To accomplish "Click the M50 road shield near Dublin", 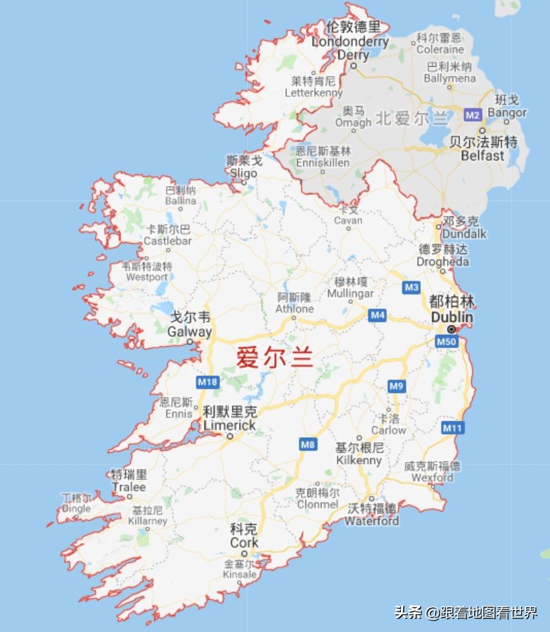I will (446, 341).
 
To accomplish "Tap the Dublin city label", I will (452, 317).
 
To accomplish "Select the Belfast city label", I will (483, 156).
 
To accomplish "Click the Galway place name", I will (190, 331).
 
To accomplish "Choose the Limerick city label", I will (229, 425).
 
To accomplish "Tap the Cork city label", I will (244, 542).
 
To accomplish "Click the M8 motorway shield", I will (308, 445).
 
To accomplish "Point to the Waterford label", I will (371, 521).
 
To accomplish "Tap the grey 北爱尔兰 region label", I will (412, 118).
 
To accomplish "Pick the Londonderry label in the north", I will (350, 42).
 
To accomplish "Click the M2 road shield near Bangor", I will (472, 115).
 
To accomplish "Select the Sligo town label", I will (244, 173).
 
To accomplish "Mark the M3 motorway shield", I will (411, 288).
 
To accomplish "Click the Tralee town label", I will (129, 487).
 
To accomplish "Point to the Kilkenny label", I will (359, 460).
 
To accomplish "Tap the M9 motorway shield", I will (396, 386).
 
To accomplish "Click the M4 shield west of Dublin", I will (377, 315).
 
